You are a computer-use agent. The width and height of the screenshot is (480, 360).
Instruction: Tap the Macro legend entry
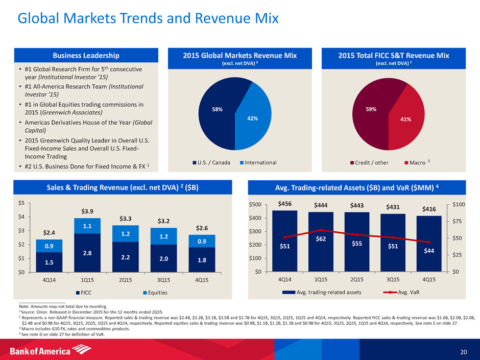pyautogui.click(x=415, y=162)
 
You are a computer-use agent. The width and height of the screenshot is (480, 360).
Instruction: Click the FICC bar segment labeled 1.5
pyautogui.click(x=49, y=262)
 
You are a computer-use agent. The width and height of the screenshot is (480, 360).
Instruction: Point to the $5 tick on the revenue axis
pyautogui.click(x=21, y=203)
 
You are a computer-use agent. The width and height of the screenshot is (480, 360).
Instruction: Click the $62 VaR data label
pyautogui.click(x=321, y=238)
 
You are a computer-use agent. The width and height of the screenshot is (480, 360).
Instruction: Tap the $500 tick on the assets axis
pyautogui.click(x=255, y=205)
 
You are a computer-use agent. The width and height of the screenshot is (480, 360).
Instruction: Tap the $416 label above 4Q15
pyautogui.click(x=429, y=209)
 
